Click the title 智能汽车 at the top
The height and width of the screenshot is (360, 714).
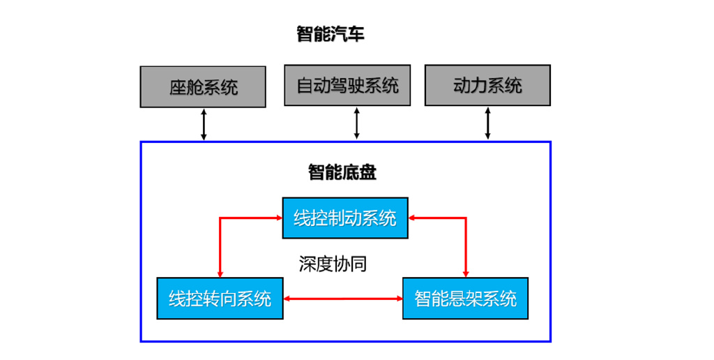331,34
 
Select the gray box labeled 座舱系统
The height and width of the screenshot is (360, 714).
203,87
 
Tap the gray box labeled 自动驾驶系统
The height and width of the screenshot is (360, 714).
347,85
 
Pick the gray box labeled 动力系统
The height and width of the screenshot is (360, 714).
487,85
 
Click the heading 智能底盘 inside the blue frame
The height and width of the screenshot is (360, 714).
342,172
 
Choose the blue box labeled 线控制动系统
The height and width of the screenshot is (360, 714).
345,218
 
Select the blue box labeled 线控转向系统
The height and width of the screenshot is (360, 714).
220,299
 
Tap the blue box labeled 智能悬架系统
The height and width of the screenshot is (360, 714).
465,299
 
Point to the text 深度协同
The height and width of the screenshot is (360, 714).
333,264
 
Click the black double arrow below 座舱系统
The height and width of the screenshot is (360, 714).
204,124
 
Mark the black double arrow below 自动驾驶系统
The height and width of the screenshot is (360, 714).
356,123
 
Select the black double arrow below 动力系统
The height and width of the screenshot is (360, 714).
488,123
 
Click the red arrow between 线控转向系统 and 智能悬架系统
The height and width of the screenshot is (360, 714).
343,299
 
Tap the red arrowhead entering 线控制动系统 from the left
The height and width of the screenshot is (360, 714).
277,218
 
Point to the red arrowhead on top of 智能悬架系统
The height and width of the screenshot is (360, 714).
466,273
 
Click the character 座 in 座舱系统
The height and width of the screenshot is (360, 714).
178,87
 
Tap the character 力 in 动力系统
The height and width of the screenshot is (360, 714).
479,86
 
